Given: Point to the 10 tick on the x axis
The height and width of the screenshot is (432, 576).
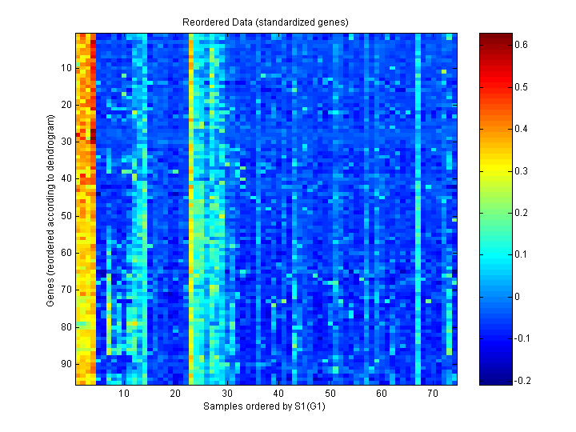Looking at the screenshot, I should coord(124,394).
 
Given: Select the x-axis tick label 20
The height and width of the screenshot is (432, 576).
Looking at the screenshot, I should coord(175,394).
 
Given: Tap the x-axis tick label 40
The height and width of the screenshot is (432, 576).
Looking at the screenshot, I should coord(278,394).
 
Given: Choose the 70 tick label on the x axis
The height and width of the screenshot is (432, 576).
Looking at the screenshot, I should coord(433,394).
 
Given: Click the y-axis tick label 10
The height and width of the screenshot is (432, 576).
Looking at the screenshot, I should coord(66,67).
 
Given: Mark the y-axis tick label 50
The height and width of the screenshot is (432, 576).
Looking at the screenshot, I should coord(66,215).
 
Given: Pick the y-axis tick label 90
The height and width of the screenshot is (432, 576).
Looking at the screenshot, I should coord(66,363).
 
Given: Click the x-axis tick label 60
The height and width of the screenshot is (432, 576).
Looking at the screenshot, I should coord(382,394).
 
